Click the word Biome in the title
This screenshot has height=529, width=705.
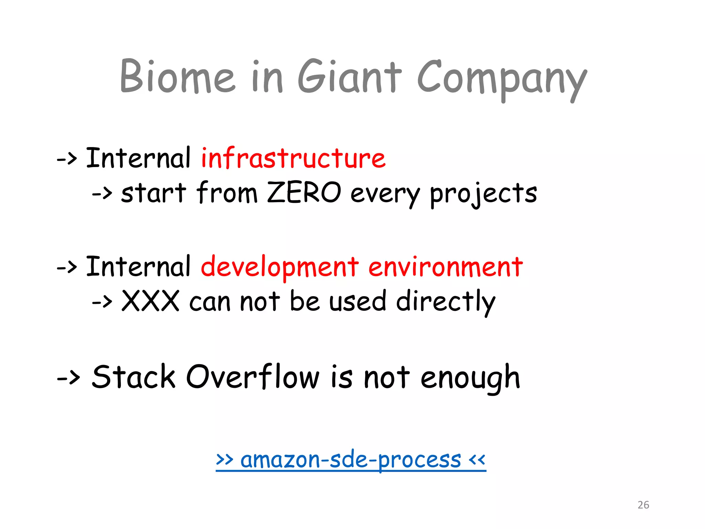click(177, 76)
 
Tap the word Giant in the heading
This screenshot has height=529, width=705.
click(349, 76)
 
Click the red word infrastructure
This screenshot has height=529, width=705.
click(293, 158)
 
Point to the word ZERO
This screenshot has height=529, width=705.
click(304, 193)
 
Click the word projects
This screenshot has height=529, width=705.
click(483, 194)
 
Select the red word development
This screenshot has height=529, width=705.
click(280, 268)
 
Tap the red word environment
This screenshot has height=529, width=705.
click(445, 267)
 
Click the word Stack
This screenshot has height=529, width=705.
click(134, 377)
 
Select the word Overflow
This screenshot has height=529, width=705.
click(253, 377)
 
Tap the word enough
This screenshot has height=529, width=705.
click(470, 378)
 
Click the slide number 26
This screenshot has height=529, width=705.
click(643, 505)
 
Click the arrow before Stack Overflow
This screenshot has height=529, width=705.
click(68, 378)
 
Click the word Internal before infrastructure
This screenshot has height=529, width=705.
click(138, 158)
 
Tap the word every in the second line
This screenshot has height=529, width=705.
click(385, 194)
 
